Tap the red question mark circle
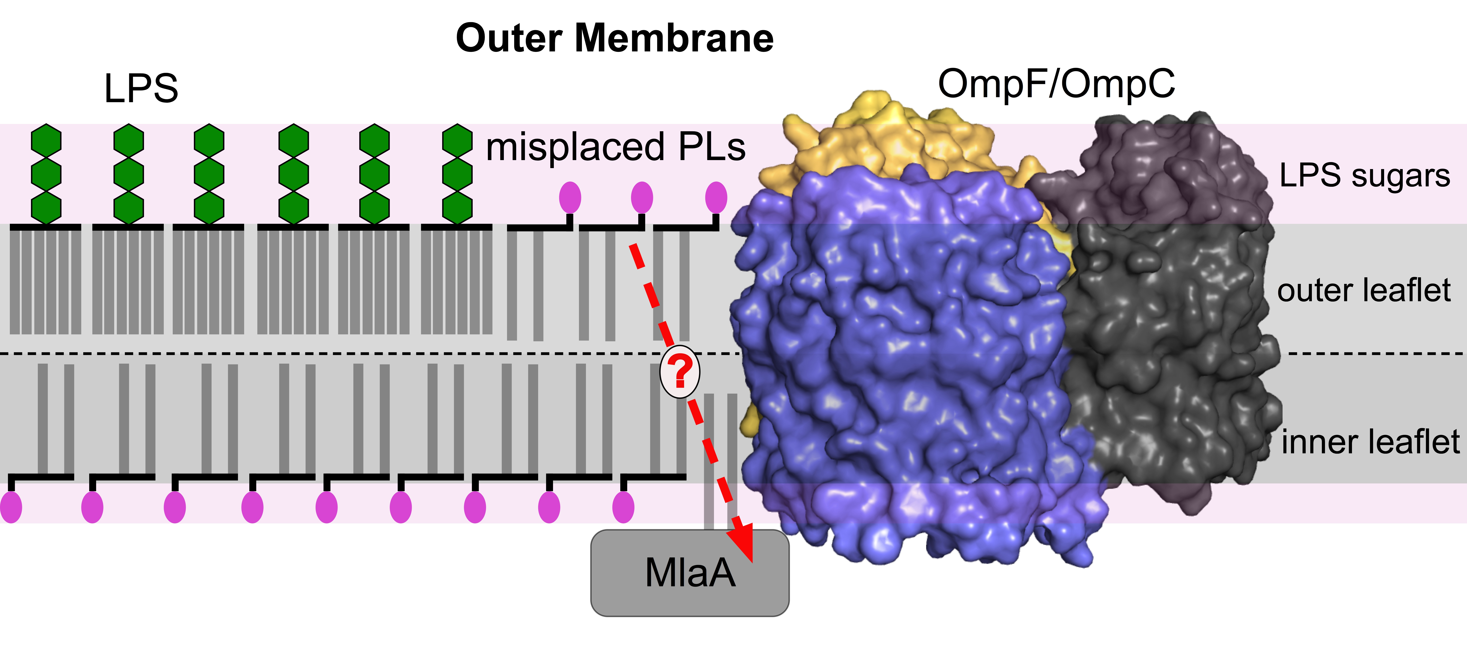pyautogui.click(x=679, y=371)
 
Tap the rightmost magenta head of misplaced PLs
pyautogui.click(x=716, y=198)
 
